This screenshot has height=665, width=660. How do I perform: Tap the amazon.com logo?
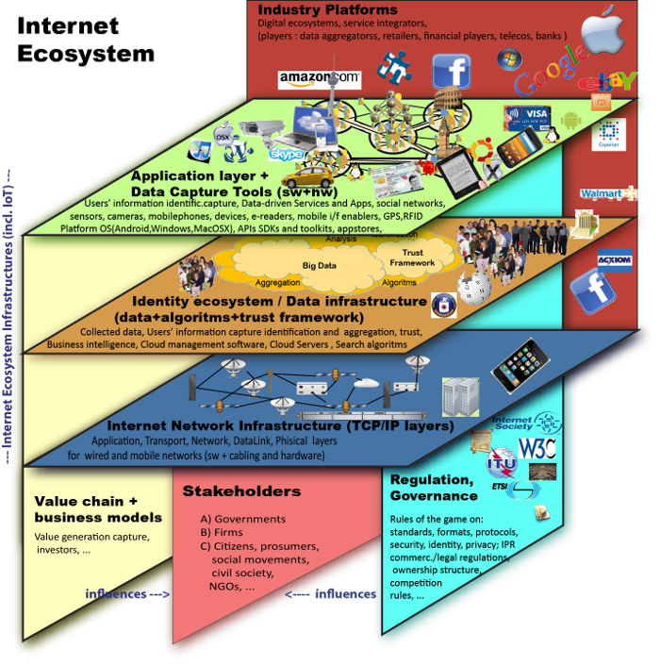point(320,78)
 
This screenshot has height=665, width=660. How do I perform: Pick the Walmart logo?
point(601,193)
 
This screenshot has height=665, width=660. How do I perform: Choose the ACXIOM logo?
point(614,258)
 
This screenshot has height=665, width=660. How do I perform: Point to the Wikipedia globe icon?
point(470,286)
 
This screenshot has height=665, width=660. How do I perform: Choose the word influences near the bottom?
point(116,594)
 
